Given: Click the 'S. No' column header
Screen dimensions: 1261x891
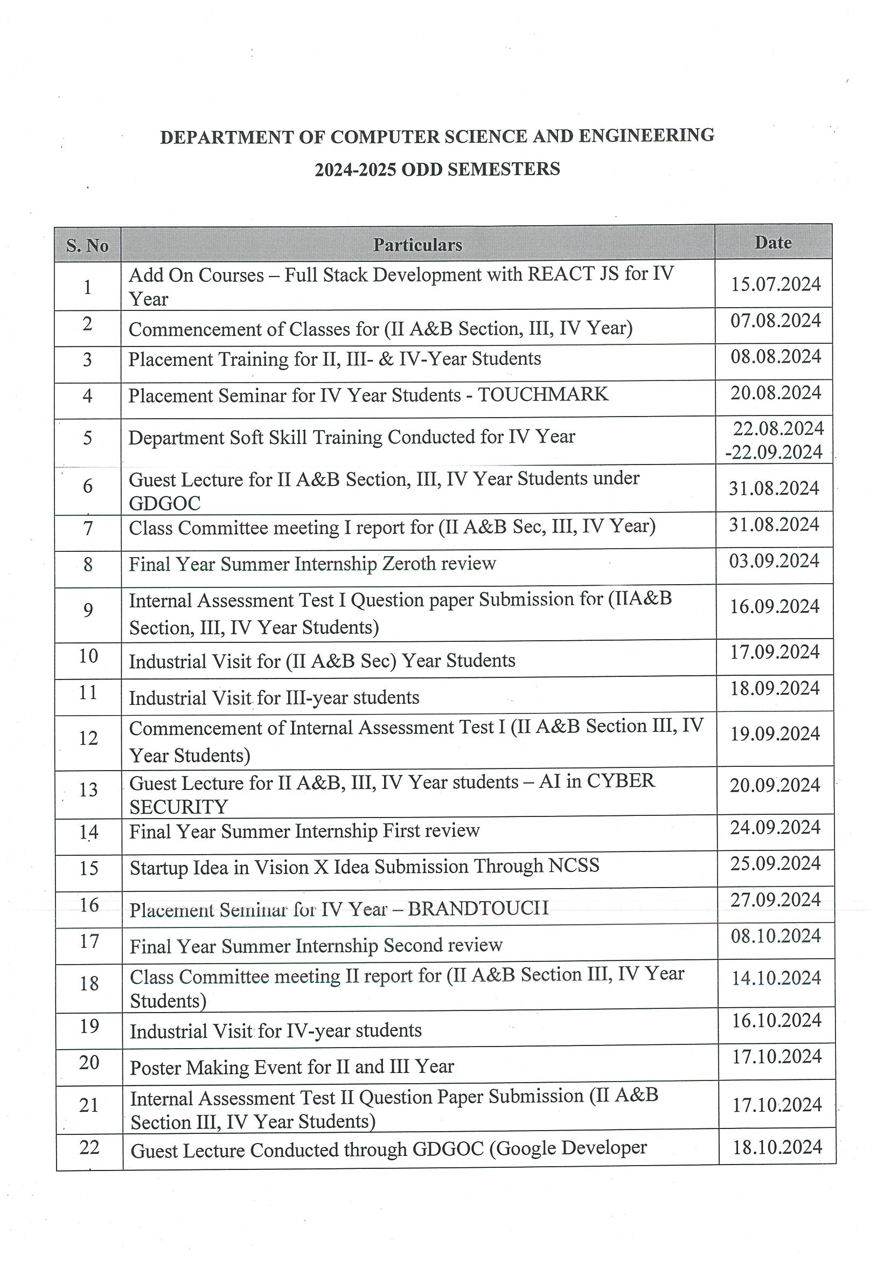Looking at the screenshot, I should point(87,246).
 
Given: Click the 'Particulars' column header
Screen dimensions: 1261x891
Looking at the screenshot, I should point(418,245).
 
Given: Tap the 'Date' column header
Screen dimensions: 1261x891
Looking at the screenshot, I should point(773,242).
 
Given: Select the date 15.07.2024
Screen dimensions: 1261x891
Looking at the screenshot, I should point(776,285).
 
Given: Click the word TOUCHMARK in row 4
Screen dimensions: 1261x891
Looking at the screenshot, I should point(543,394).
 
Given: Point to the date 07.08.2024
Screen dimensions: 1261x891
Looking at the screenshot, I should point(775,321).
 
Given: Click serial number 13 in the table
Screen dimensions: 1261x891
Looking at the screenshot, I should point(88,790).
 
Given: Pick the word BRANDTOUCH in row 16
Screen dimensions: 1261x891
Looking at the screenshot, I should point(478,909).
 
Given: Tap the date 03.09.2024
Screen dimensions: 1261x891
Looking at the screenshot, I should point(774,562).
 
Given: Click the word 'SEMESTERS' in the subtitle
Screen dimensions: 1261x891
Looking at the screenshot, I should point(504,169).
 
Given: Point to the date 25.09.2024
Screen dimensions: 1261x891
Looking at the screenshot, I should point(775,864).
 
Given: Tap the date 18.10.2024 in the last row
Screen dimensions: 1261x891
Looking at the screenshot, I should point(777,1147).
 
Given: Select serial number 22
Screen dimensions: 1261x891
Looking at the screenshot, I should point(89,1148).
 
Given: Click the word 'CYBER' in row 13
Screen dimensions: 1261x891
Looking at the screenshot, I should point(621,781).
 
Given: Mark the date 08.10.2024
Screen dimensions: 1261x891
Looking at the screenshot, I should point(776,937).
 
